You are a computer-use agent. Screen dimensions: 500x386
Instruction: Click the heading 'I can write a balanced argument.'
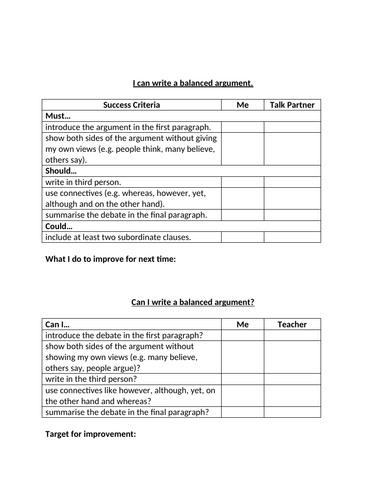tap(193, 83)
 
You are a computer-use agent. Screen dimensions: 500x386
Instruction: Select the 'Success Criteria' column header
tap(131, 104)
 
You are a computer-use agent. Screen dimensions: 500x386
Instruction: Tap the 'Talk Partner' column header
tap(294, 104)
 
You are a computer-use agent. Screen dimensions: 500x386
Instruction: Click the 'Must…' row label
tap(59, 116)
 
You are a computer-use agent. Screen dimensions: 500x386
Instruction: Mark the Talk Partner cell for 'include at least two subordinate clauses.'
tap(294, 237)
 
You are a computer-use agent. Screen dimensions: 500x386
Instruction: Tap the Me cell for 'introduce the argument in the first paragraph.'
tap(242, 127)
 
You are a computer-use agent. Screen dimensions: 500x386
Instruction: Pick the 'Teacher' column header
tap(293, 324)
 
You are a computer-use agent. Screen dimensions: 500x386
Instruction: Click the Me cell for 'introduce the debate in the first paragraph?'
tap(242, 336)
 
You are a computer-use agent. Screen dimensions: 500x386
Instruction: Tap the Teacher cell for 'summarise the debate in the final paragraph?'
tap(293, 411)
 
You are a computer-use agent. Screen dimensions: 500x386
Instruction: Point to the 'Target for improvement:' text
tap(91, 434)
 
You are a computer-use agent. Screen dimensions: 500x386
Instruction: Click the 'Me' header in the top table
tap(242, 104)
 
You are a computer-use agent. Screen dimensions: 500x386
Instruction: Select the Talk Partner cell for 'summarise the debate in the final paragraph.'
tap(294, 214)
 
